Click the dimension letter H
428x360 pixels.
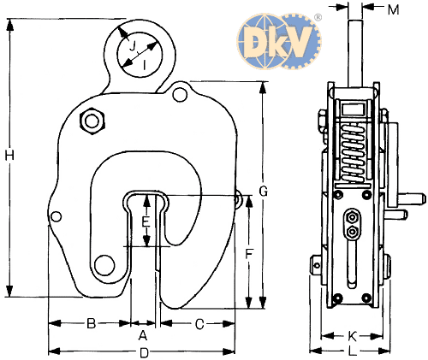(9, 156)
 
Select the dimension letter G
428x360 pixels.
(263, 191)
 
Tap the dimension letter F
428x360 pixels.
(249, 254)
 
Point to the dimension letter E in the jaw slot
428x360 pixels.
(146, 221)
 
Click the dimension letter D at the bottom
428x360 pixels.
(145, 353)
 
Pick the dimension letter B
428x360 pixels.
(91, 323)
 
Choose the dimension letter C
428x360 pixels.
(199, 324)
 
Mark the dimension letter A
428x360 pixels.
(143, 335)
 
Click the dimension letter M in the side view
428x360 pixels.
(394, 10)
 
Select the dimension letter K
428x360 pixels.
(353, 336)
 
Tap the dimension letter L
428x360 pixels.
(353, 351)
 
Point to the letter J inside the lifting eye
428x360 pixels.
(133, 46)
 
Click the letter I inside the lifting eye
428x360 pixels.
(145, 65)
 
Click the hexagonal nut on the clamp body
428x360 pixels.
(92, 121)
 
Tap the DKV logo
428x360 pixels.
(279, 41)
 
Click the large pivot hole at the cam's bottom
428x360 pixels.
(104, 265)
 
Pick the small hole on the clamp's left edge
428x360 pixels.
(56, 216)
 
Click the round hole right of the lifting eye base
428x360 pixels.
(180, 94)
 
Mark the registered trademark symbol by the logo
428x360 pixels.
(318, 17)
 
